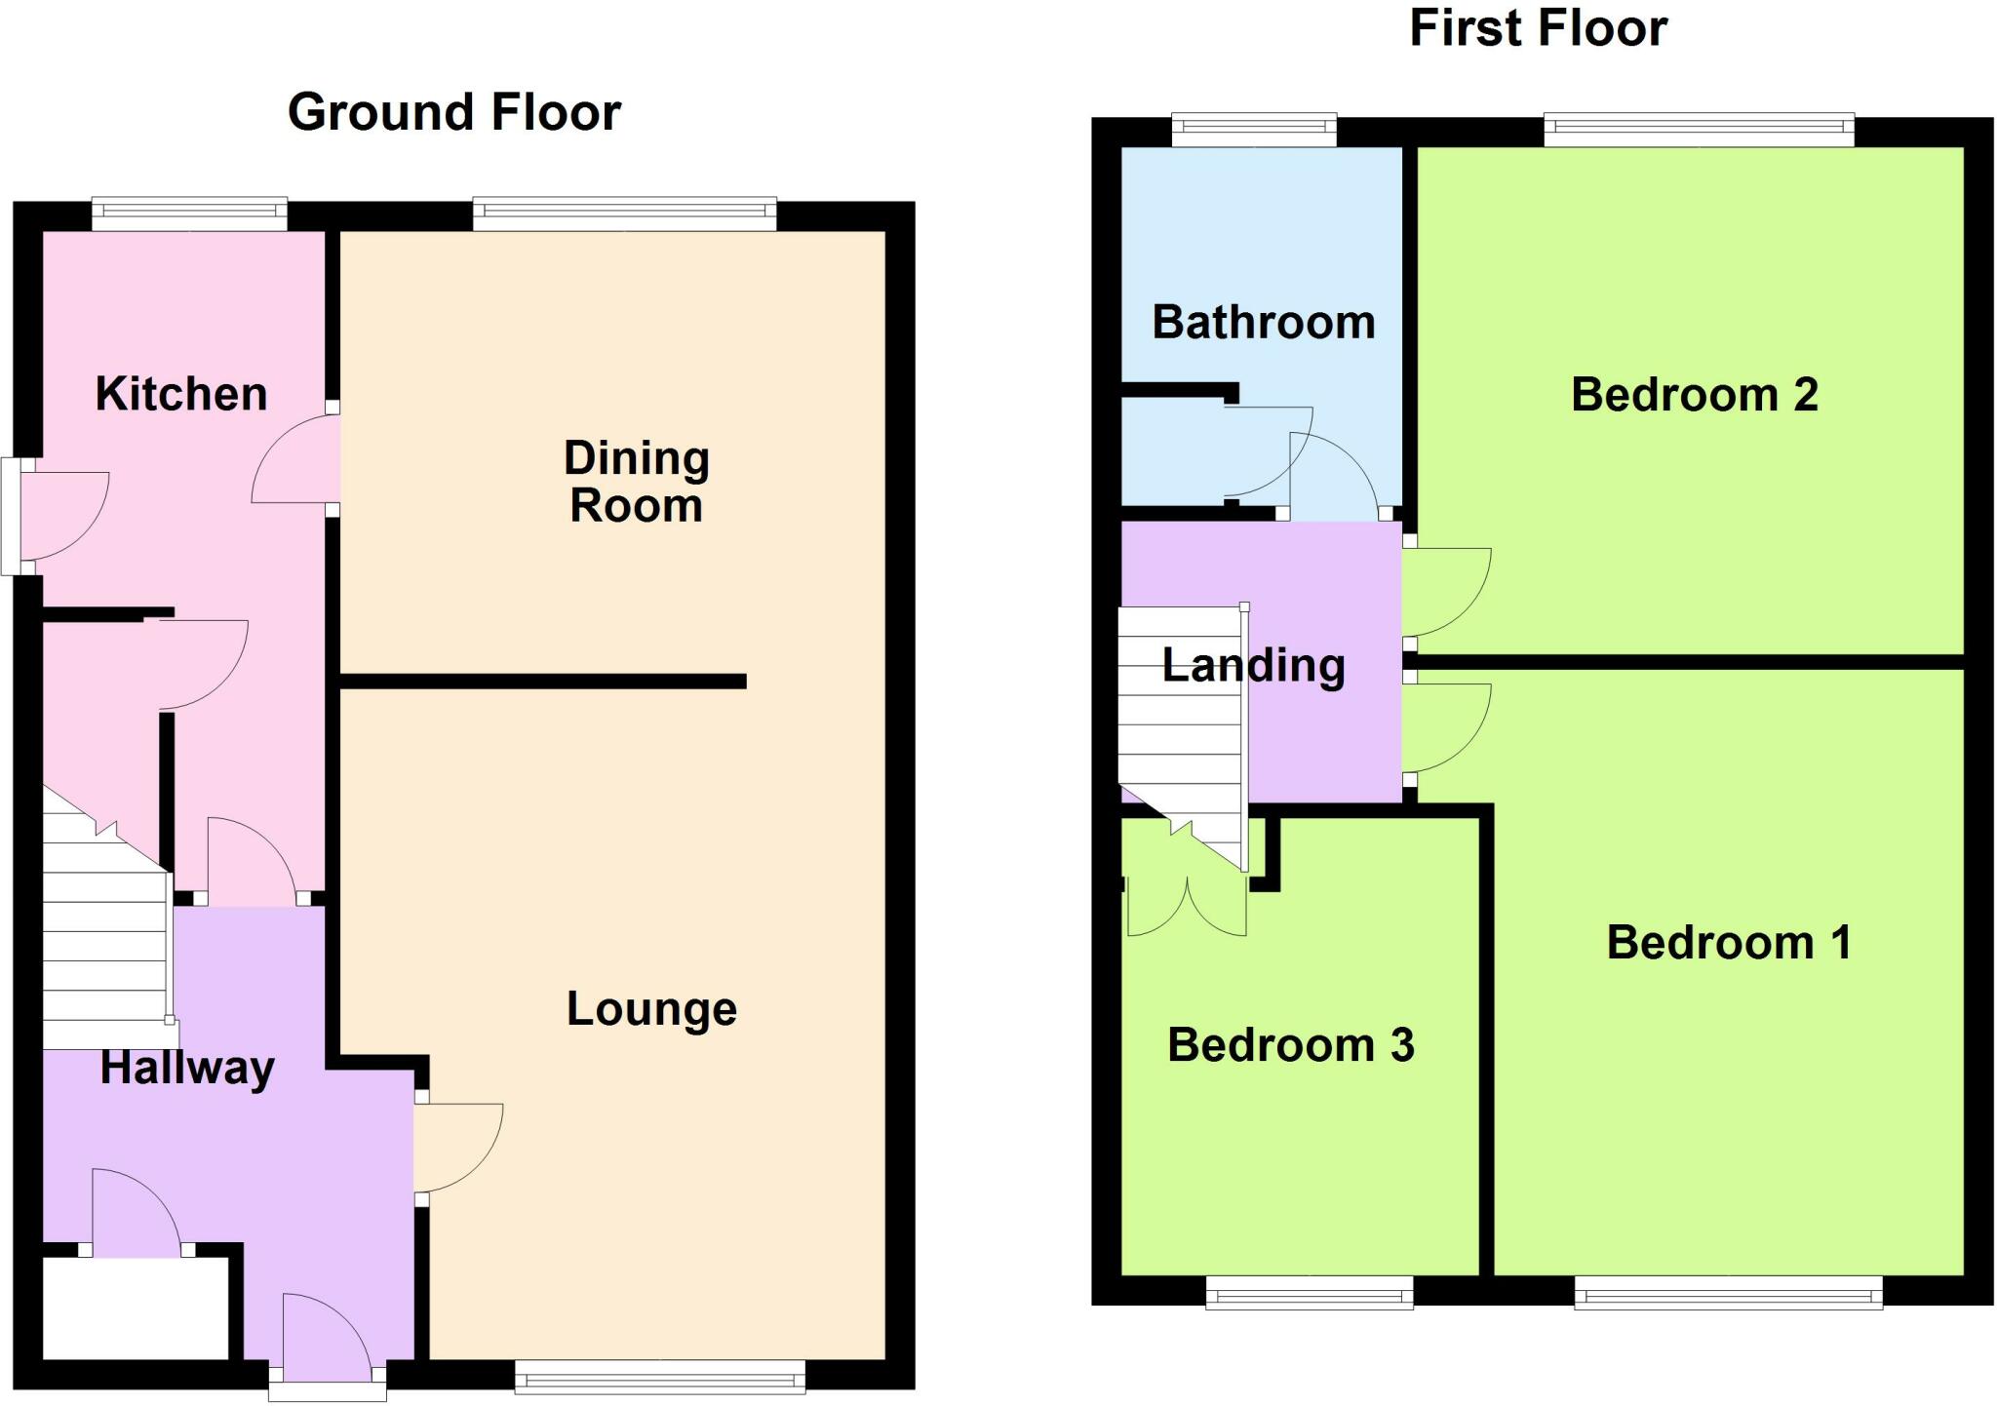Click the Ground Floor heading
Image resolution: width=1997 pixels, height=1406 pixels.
tap(454, 112)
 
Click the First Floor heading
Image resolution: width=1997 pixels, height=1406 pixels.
tap(1539, 28)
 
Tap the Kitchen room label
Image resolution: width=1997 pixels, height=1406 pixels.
tap(181, 394)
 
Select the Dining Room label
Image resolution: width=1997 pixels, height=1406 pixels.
tap(637, 482)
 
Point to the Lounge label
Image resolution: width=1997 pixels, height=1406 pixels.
tap(651, 1009)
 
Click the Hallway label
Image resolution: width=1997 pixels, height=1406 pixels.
tap(187, 1068)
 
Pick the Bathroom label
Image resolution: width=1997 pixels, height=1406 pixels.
tap(1264, 322)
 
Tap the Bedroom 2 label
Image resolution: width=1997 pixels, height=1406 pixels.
tap(1695, 395)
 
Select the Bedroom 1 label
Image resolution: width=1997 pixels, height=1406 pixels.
tap(1729, 943)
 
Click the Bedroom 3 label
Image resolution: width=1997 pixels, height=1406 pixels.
tap(1290, 1045)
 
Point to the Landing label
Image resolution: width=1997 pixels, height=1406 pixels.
tap(1254, 666)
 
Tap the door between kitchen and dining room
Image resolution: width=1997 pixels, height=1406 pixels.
tap(295, 458)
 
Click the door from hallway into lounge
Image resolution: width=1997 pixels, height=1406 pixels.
tap(458, 1148)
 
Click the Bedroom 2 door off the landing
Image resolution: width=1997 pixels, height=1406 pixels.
tap(1447, 592)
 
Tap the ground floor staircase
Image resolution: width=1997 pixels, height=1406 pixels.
tap(105, 926)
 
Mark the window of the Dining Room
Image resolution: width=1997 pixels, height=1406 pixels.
tap(625, 215)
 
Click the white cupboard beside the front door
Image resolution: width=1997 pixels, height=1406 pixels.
tap(136, 1308)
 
